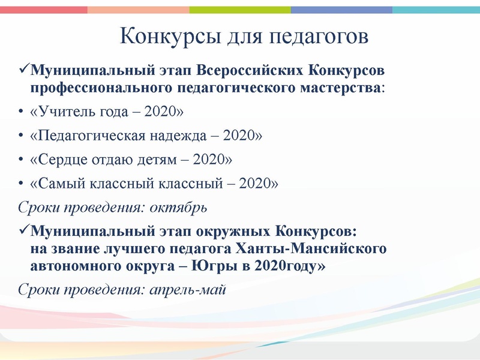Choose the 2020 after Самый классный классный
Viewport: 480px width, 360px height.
256,183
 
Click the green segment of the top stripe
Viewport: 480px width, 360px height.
240,10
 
